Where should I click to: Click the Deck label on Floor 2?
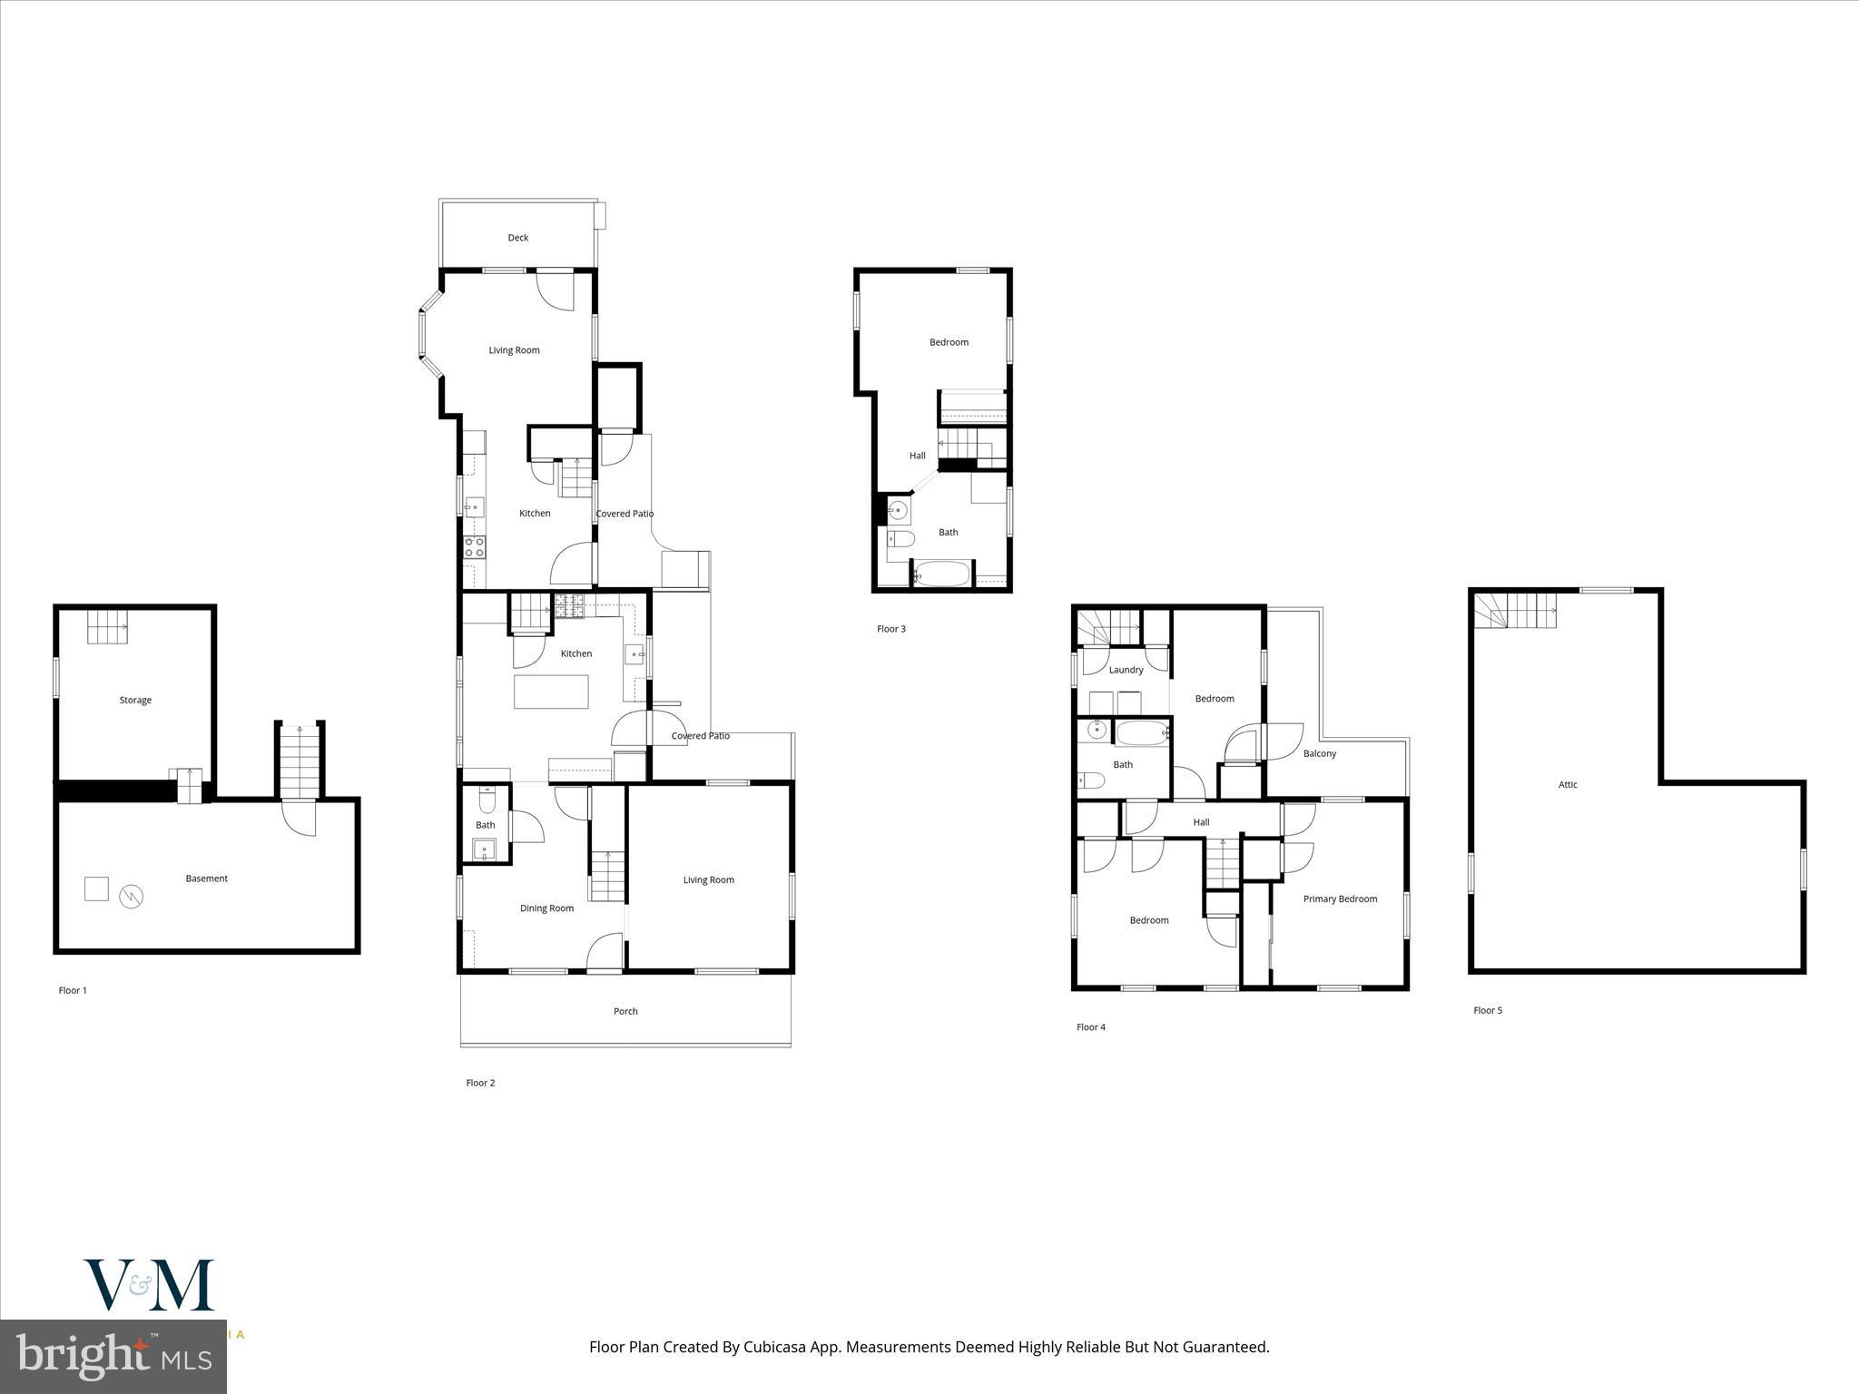(x=517, y=238)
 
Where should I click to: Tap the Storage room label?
(x=135, y=701)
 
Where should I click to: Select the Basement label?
(x=206, y=879)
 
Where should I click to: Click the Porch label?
(x=625, y=1011)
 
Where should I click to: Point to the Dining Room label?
(x=546, y=908)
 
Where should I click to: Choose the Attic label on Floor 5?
(x=1568, y=785)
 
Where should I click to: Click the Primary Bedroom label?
(x=1340, y=899)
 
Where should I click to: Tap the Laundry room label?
(x=1126, y=671)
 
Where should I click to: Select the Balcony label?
(x=1319, y=754)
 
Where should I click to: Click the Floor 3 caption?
(x=890, y=629)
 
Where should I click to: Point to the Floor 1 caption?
(x=73, y=991)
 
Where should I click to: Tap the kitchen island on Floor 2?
(x=551, y=692)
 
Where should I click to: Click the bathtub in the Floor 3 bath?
(x=942, y=574)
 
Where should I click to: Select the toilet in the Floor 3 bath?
(x=900, y=540)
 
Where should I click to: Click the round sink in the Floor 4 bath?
(x=1097, y=729)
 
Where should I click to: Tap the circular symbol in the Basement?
(x=132, y=897)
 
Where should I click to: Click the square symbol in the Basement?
(x=96, y=888)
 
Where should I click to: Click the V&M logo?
(x=149, y=1284)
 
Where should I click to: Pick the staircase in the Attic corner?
(x=1514, y=609)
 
